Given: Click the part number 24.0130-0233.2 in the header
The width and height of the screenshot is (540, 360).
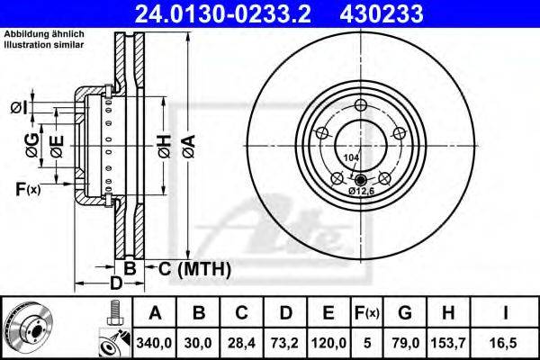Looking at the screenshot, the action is tap(223, 13).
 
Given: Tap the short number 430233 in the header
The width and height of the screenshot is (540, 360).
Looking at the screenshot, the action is tap(382, 13).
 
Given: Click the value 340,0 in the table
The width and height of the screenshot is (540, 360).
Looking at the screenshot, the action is tap(154, 343).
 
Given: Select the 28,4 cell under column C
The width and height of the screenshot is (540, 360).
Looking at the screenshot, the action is tap(241, 343).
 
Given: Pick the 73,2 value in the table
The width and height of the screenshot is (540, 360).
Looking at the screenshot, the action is tap(285, 343).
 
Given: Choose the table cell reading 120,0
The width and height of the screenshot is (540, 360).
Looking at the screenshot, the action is tap(328, 343).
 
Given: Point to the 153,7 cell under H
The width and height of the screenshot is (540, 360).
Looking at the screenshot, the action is tap(448, 343).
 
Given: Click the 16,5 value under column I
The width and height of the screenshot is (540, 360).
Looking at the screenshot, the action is tap(505, 343).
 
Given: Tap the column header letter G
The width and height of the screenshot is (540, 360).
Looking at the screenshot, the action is tap(405, 313).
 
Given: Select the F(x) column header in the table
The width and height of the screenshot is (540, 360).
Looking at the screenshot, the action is tap(367, 313).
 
